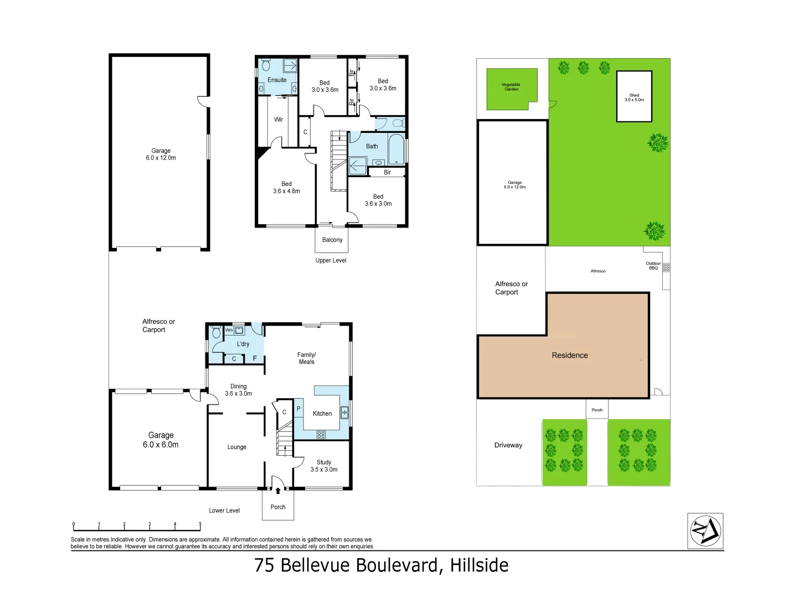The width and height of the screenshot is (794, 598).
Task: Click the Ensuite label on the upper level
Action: click(x=277, y=80)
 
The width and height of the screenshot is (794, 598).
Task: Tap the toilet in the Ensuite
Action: click(x=266, y=66)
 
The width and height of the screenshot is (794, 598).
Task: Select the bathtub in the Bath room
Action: click(x=396, y=149)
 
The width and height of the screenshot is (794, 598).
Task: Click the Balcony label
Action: click(x=332, y=240)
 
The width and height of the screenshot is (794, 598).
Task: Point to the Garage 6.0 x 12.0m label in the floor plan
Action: click(x=161, y=154)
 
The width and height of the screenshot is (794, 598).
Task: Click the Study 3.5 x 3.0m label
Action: click(x=324, y=466)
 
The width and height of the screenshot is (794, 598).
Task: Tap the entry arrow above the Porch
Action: click(x=278, y=491)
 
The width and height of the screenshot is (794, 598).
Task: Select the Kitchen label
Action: click(x=322, y=414)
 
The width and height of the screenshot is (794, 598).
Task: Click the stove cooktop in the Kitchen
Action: click(x=321, y=435)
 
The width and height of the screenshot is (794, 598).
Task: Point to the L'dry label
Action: click(x=243, y=344)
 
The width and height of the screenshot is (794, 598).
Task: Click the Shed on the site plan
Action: click(x=634, y=97)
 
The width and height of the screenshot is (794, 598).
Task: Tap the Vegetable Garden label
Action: click(x=511, y=87)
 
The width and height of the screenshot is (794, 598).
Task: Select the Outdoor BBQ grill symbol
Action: click(x=666, y=267)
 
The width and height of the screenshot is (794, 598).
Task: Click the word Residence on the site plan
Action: click(x=570, y=355)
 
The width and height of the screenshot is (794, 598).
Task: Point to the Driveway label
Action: click(x=508, y=445)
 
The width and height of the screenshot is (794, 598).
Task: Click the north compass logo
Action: click(x=705, y=530)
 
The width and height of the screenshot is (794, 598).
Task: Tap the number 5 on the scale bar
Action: click(x=200, y=524)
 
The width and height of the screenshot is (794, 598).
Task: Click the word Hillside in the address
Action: click(x=479, y=565)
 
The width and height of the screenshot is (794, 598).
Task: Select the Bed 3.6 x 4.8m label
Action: click(x=286, y=188)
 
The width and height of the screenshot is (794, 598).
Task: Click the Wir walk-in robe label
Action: click(x=279, y=120)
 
